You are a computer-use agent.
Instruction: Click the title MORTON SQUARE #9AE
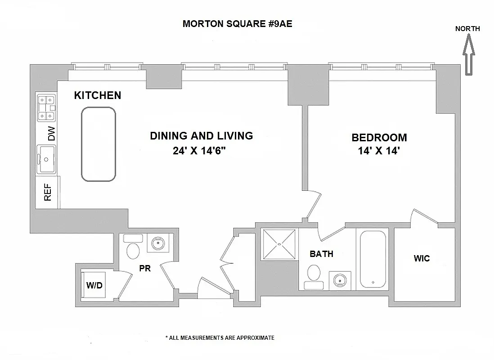point(237,24)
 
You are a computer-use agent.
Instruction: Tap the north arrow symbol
point(468,56)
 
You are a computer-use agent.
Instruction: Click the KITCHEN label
point(98,95)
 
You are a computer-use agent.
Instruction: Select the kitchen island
point(98,144)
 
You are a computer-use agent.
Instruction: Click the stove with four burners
point(46,108)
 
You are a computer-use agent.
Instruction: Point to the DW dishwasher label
point(51,134)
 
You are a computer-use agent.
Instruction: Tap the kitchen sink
point(46,159)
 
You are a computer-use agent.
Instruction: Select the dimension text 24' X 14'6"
point(199,151)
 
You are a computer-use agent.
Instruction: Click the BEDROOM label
point(379,138)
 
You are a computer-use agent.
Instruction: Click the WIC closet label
point(422,258)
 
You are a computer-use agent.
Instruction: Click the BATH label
point(322,254)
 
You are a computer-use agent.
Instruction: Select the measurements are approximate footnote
point(220,337)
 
